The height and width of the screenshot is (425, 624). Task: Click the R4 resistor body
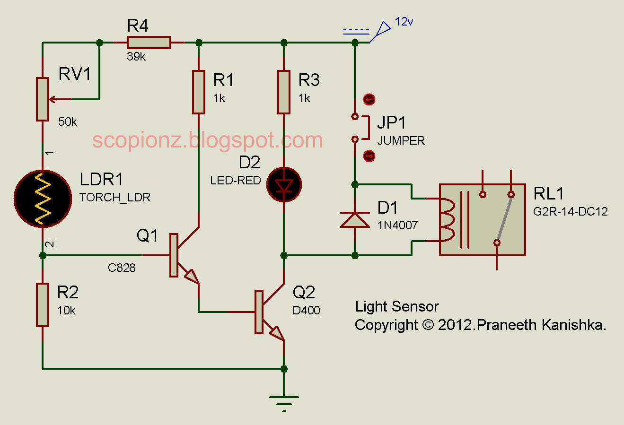click(149, 43)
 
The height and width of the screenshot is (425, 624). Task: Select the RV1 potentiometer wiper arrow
click(60, 99)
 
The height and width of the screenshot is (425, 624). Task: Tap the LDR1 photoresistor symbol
click(43, 199)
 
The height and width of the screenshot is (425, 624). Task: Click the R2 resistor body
click(43, 305)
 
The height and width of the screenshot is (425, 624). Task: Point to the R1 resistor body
click(199, 92)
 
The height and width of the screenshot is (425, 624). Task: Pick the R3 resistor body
click(284, 92)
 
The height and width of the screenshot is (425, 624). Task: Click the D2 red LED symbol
click(284, 184)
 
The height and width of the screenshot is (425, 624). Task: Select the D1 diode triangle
click(355, 220)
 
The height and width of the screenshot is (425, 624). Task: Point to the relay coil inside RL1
click(447, 220)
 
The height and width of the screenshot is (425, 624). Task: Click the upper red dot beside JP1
click(369, 99)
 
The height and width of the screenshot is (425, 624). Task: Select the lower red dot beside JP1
click(369, 156)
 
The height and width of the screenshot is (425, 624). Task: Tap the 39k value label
click(136, 57)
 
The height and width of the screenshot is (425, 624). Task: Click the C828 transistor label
click(122, 268)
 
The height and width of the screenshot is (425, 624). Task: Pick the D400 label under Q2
click(306, 310)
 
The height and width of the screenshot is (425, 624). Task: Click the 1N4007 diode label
click(397, 225)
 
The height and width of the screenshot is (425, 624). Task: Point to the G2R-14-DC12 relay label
click(570, 212)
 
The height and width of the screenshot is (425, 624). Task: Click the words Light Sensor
click(397, 307)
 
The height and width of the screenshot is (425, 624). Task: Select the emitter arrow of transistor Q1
click(192, 277)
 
